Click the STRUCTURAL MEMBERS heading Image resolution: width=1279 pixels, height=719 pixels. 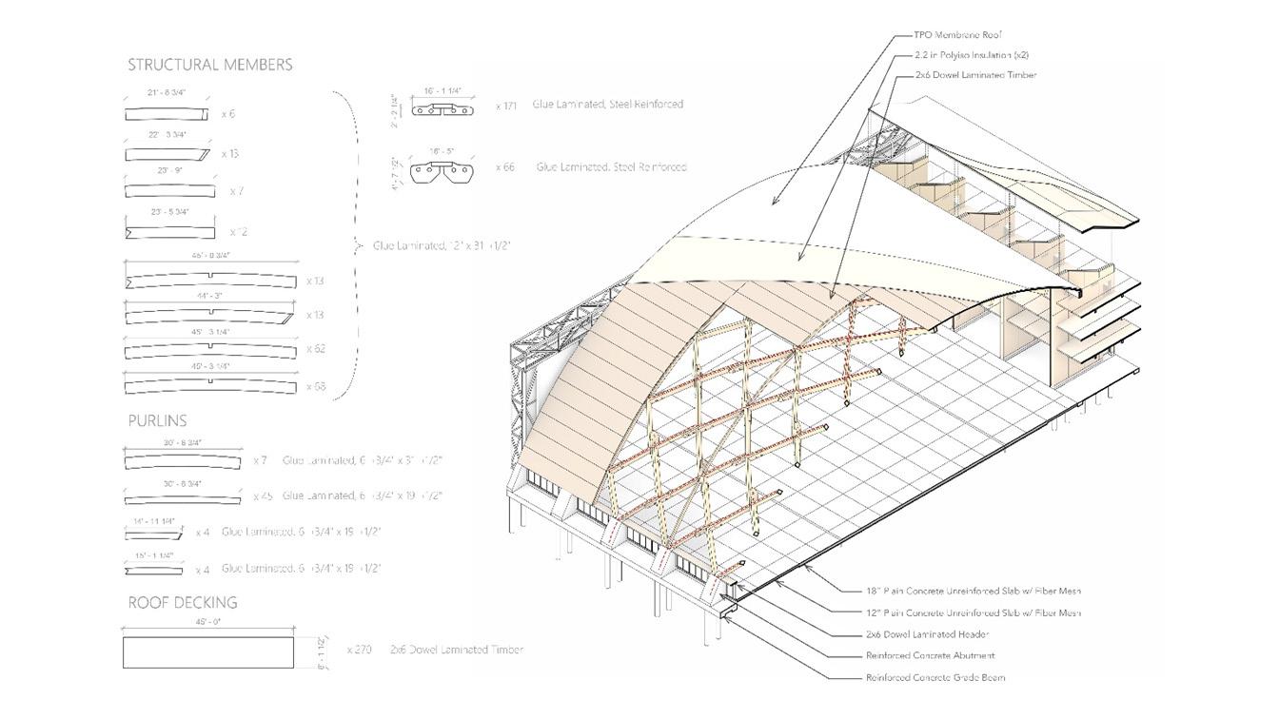(210, 65)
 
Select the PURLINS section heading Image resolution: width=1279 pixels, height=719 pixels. (158, 420)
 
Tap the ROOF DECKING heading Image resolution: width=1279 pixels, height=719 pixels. (183, 602)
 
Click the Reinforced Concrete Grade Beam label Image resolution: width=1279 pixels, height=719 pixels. (935, 677)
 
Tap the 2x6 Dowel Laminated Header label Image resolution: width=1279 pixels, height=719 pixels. (928, 633)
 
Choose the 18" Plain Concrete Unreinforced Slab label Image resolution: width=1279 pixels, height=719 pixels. (974, 591)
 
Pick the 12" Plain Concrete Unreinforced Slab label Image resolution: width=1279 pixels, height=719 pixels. (974, 612)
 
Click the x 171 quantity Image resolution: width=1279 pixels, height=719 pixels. (506, 106)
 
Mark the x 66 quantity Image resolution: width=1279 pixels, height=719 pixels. (505, 167)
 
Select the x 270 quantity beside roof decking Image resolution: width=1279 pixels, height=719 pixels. (360, 650)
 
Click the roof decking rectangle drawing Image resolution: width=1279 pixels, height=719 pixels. (207, 652)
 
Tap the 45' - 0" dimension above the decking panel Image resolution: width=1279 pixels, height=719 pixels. (207, 622)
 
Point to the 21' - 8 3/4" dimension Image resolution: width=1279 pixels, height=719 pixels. (167, 93)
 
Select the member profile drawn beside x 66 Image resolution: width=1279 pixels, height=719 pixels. (442, 171)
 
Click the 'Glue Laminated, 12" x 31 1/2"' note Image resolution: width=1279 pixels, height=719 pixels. (442, 245)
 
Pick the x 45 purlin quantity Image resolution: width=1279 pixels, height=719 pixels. (263, 496)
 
